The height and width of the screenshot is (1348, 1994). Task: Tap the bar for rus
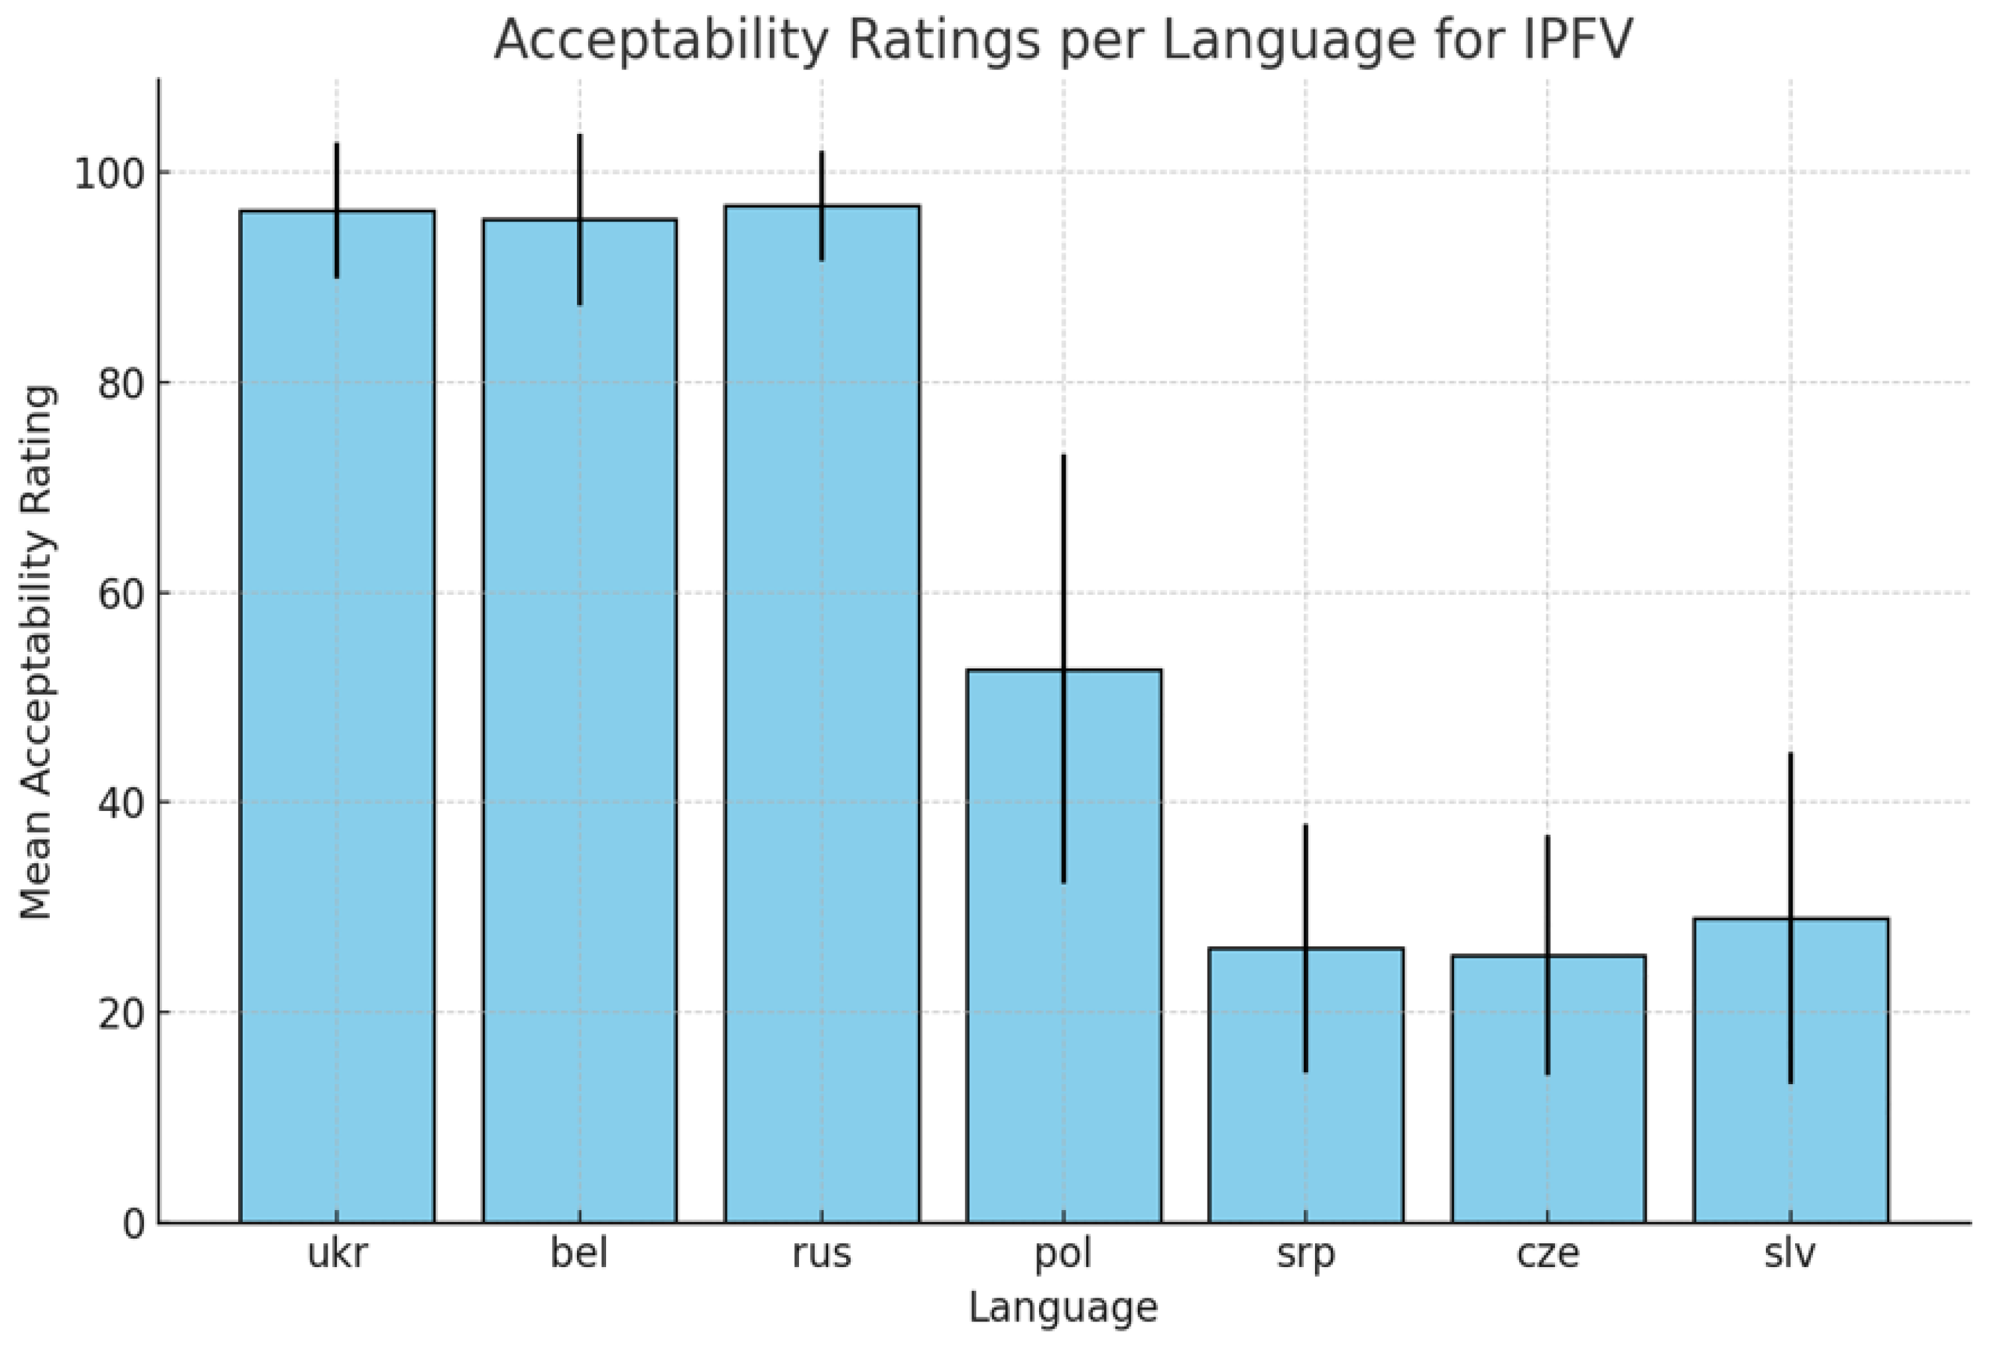822,714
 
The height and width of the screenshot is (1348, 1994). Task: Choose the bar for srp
1306,1085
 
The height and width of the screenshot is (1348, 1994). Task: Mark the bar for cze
1548,1089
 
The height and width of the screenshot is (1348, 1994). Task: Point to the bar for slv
1790,1070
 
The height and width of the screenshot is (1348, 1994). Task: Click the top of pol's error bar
1064,456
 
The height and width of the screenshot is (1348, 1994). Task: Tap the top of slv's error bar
1790,753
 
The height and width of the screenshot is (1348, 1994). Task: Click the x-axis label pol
1064,1254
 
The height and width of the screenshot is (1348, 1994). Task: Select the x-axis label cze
1548,1254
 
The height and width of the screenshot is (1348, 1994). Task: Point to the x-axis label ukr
337,1254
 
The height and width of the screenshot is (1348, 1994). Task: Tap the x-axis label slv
1790,1254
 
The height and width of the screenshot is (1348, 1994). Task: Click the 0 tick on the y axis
133,1223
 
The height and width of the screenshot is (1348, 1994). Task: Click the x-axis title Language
1063,1308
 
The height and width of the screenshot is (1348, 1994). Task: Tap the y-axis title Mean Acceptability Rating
37,652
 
